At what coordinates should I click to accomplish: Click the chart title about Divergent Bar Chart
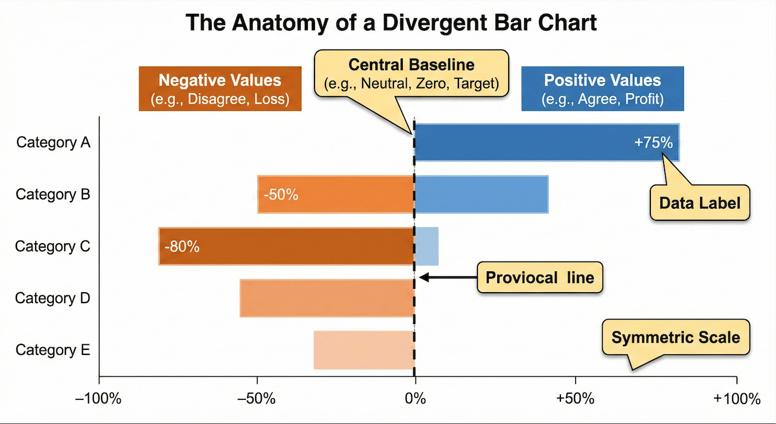pos(391,24)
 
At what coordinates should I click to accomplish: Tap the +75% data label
pos(653,143)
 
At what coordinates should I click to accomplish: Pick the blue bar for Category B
pos(481,194)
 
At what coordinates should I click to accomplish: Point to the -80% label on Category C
pos(182,247)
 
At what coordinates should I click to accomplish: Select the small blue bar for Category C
pos(426,247)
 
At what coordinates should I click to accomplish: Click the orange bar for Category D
pos(327,298)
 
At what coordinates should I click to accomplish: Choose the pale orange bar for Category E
pos(363,350)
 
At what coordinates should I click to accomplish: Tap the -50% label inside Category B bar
pos(280,194)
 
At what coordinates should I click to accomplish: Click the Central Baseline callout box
pos(411,74)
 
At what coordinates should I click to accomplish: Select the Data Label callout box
pos(700,203)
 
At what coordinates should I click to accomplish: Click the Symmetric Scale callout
pos(676,337)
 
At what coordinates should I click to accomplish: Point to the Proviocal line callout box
pos(540,277)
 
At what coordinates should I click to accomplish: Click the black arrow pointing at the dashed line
pos(447,277)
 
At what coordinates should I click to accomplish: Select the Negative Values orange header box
pos(220,88)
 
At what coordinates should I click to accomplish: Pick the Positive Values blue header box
pos(602,88)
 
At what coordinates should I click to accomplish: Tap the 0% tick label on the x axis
pos(415,399)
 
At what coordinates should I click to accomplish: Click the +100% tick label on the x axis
pos(736,399)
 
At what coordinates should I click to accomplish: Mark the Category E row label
pos(53,350)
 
